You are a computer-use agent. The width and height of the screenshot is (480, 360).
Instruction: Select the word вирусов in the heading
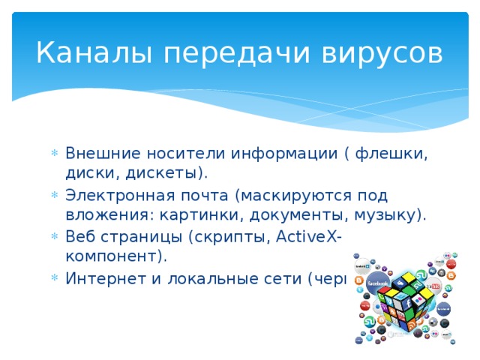(379, 54)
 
